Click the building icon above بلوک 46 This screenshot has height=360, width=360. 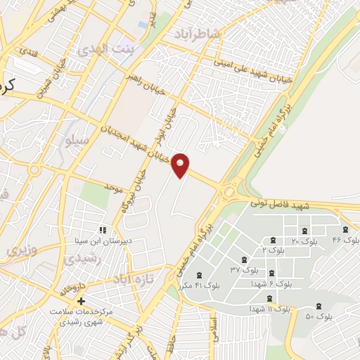[345, 229]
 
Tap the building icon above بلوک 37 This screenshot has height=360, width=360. [244, 258]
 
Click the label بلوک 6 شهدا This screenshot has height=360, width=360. [271, 283]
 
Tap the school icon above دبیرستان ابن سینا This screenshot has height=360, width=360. [103, 229]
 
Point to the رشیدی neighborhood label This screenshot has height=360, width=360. [84, 259]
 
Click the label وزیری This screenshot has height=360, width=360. [20, 250]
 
